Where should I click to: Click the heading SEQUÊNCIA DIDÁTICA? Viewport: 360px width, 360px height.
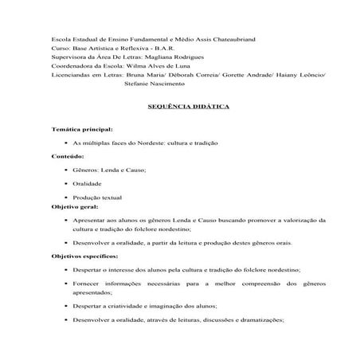[180, 105]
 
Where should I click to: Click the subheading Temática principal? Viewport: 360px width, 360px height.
[81, 128]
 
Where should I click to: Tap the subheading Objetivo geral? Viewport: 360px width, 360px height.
[76, 205]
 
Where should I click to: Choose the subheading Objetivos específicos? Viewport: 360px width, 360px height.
[85, 256]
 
